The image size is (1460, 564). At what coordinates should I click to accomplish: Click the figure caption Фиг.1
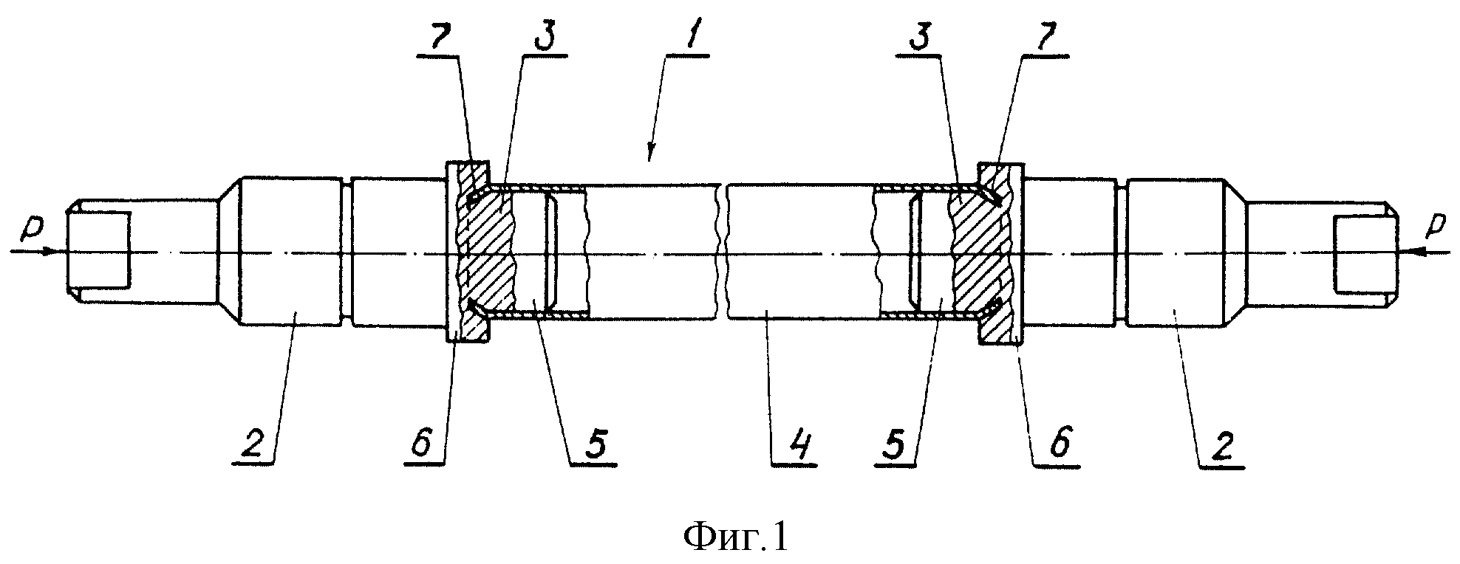click(736, 537)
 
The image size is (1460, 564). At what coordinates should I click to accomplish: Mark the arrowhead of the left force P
click(47, 251)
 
